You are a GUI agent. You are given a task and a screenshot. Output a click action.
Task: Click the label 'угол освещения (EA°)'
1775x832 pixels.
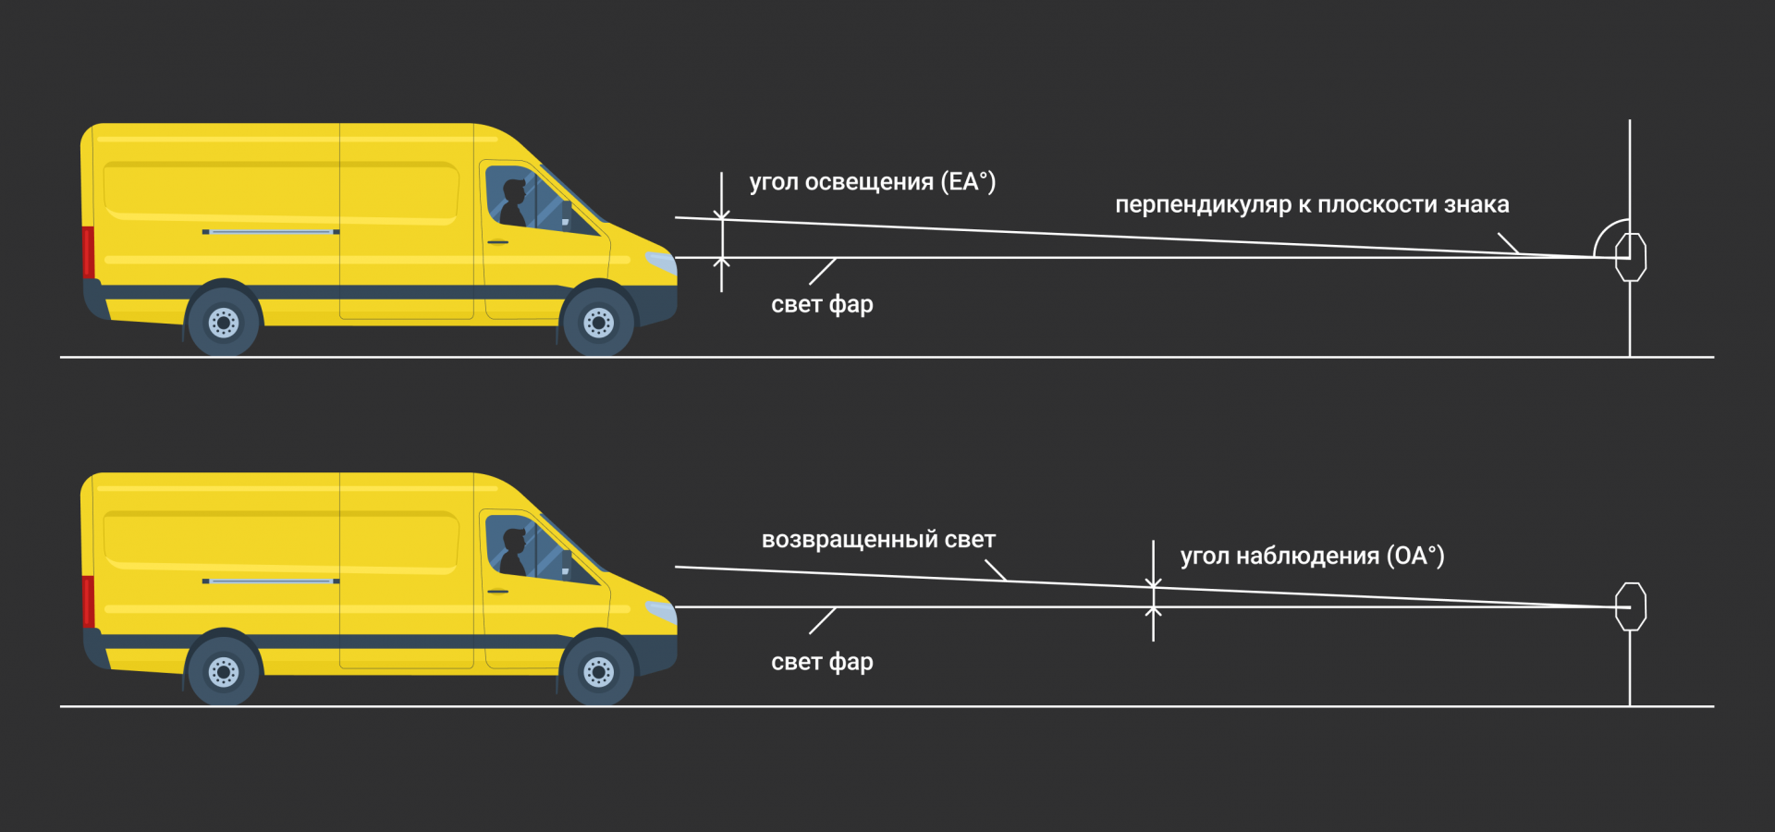872,182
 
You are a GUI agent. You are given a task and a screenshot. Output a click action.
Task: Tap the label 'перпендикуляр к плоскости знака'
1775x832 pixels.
1312,204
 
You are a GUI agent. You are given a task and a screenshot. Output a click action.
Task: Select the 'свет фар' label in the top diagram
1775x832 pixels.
822,304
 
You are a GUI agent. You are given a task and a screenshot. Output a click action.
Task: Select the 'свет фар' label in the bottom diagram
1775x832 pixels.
822,662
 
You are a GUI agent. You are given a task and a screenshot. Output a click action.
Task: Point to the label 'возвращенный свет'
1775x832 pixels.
878,540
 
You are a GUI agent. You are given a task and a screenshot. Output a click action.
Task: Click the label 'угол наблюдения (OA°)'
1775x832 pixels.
1312,556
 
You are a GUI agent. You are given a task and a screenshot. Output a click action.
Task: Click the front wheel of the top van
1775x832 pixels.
598,323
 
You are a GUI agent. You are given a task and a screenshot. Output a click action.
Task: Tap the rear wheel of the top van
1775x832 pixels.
224,323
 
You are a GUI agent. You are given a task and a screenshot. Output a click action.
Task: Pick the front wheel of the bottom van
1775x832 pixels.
598,672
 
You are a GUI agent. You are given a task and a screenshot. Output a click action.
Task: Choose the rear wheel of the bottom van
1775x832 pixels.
224,672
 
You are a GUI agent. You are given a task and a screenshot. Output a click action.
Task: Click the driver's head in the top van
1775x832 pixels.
514,191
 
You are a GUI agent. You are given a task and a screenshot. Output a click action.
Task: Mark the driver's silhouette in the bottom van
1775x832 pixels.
512,553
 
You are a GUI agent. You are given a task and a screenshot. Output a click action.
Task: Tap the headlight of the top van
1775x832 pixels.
661,262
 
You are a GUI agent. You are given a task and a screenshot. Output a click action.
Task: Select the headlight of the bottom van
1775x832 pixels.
661,611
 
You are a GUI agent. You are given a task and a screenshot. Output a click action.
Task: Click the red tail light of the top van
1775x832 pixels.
89,251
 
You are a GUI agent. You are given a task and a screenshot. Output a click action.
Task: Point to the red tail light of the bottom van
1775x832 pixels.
89,601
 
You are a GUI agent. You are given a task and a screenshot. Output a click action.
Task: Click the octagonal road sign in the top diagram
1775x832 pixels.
1631,257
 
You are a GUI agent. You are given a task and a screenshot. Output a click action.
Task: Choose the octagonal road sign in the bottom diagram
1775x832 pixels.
1631,606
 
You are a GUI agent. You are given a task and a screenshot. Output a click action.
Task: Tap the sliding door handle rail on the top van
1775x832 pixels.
271,231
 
